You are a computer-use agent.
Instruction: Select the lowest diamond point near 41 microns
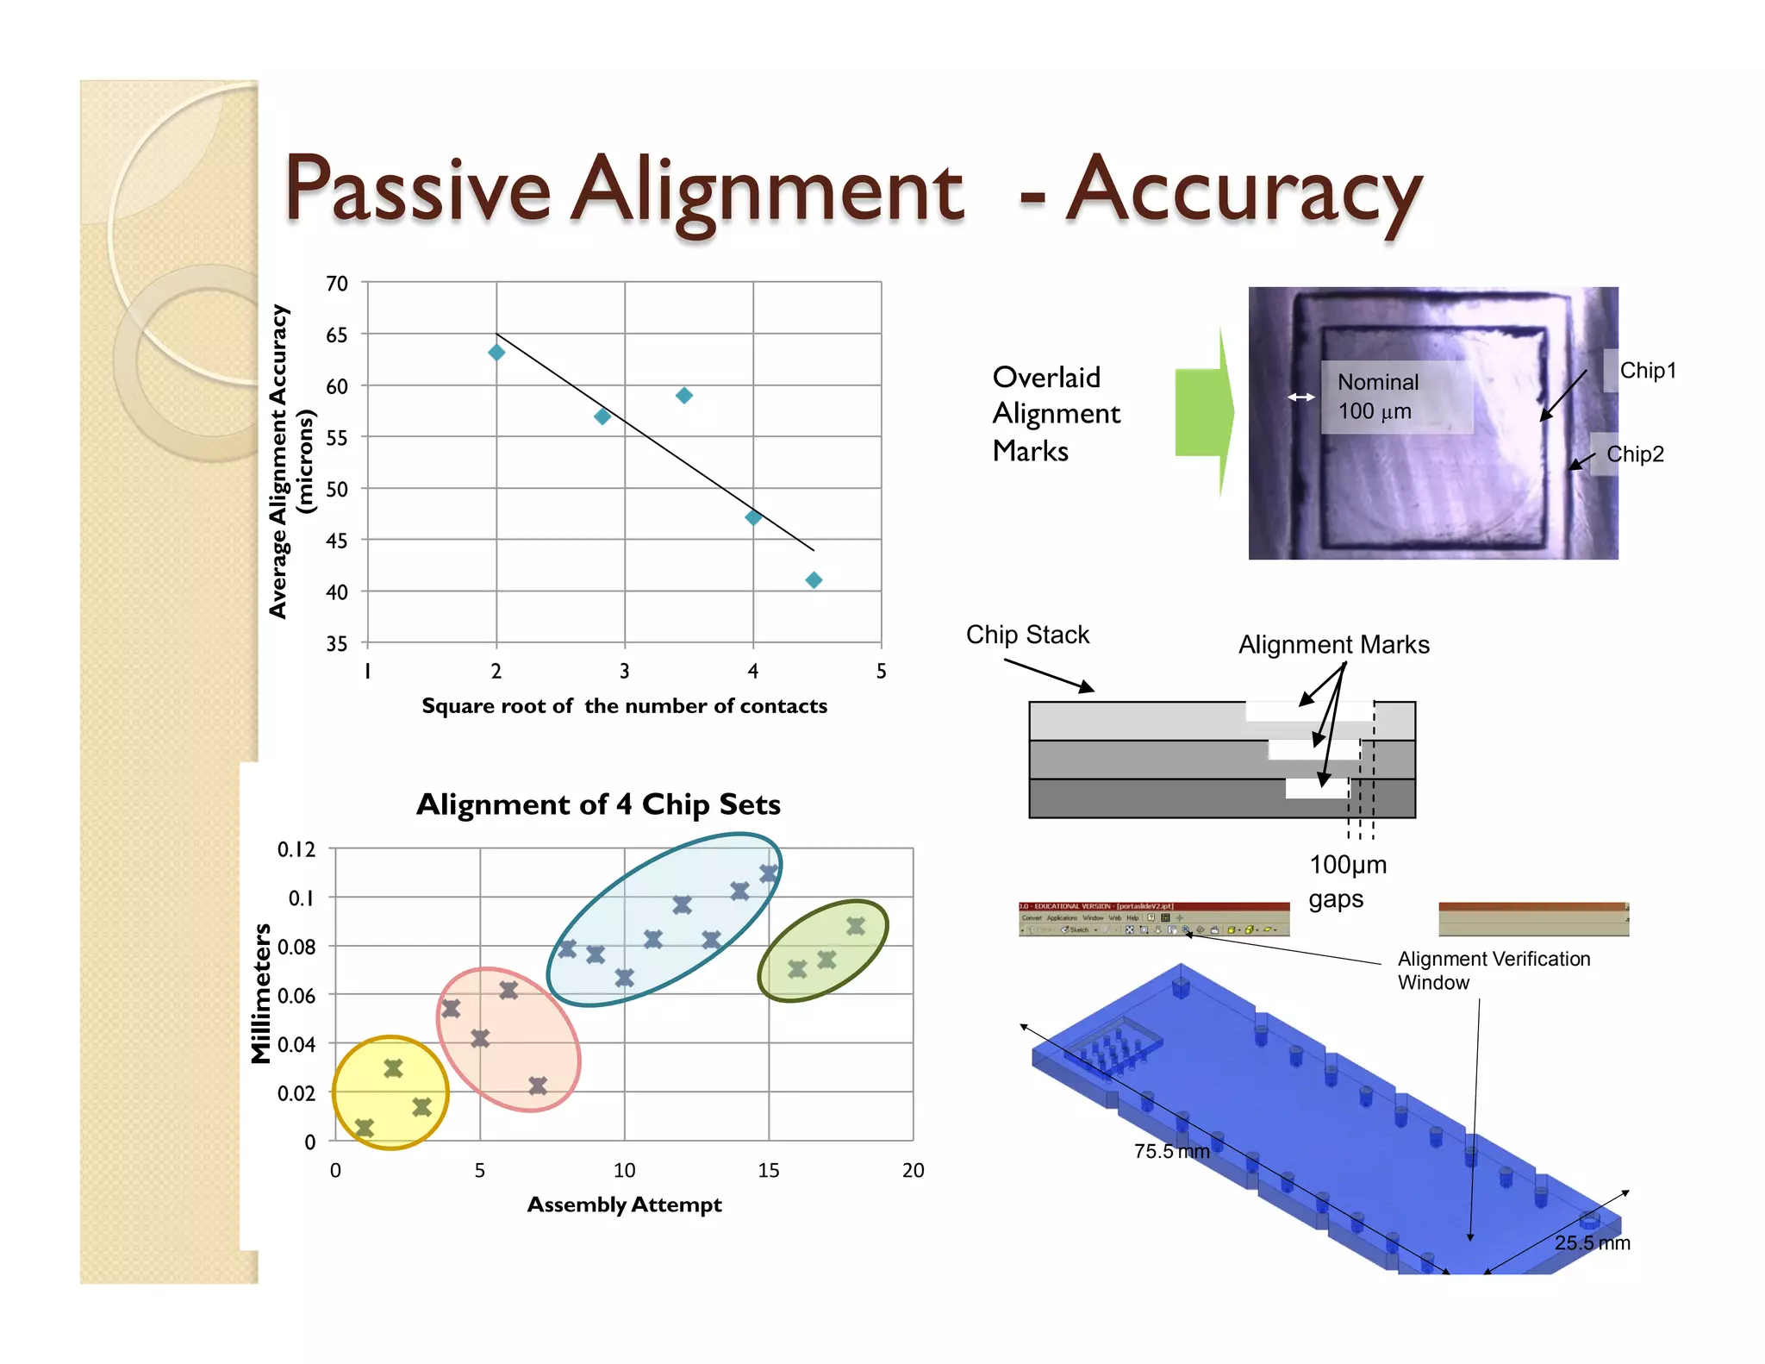(814, 580)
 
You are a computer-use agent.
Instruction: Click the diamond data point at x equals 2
(496, 353)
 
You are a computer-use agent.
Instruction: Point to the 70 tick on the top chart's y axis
(337, 284)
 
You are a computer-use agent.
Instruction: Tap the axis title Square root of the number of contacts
(624, 706)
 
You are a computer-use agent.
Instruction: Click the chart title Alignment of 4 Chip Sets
(598, 804)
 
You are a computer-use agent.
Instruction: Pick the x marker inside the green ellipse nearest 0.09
(855, 927)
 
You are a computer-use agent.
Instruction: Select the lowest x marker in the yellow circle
(365, 1128)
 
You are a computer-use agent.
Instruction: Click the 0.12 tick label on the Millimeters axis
(296, 849)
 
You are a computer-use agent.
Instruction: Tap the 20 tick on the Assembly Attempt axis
(913, 1170)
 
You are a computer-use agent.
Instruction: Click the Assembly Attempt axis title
(624, 1204)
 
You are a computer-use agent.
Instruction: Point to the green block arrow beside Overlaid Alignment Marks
(1204, 413)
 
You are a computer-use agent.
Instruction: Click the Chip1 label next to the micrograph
(1647, 371)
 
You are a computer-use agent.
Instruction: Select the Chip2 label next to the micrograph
(1634, 454)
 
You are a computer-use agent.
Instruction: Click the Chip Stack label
(1027, 635)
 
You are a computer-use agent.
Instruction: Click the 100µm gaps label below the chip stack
(1347, 881)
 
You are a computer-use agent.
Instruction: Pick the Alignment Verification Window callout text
(1493, 971)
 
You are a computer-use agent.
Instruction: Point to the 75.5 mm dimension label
(1171, 1152)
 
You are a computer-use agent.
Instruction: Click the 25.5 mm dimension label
(1592, 1243)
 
